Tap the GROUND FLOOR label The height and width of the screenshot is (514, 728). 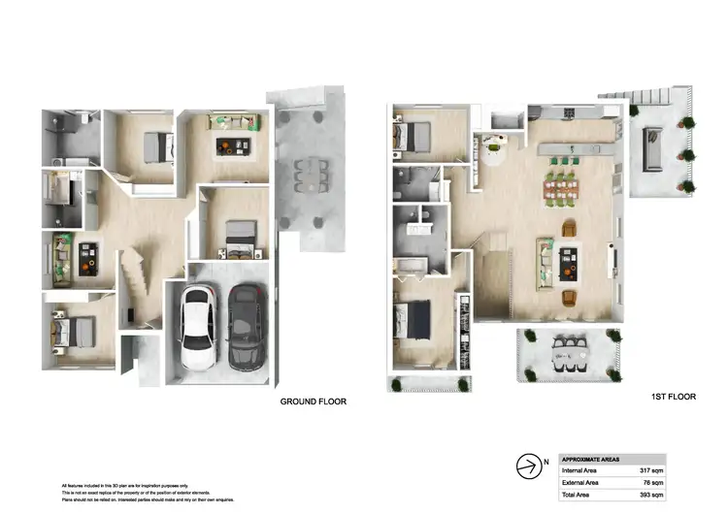[313, 402]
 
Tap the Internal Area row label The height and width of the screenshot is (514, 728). [580, 470]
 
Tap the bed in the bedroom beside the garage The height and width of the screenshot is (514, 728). [239, 235]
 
